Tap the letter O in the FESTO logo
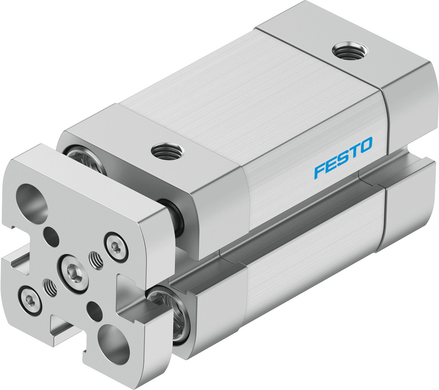365,144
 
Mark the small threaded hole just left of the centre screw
51,288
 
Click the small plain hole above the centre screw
51,237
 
